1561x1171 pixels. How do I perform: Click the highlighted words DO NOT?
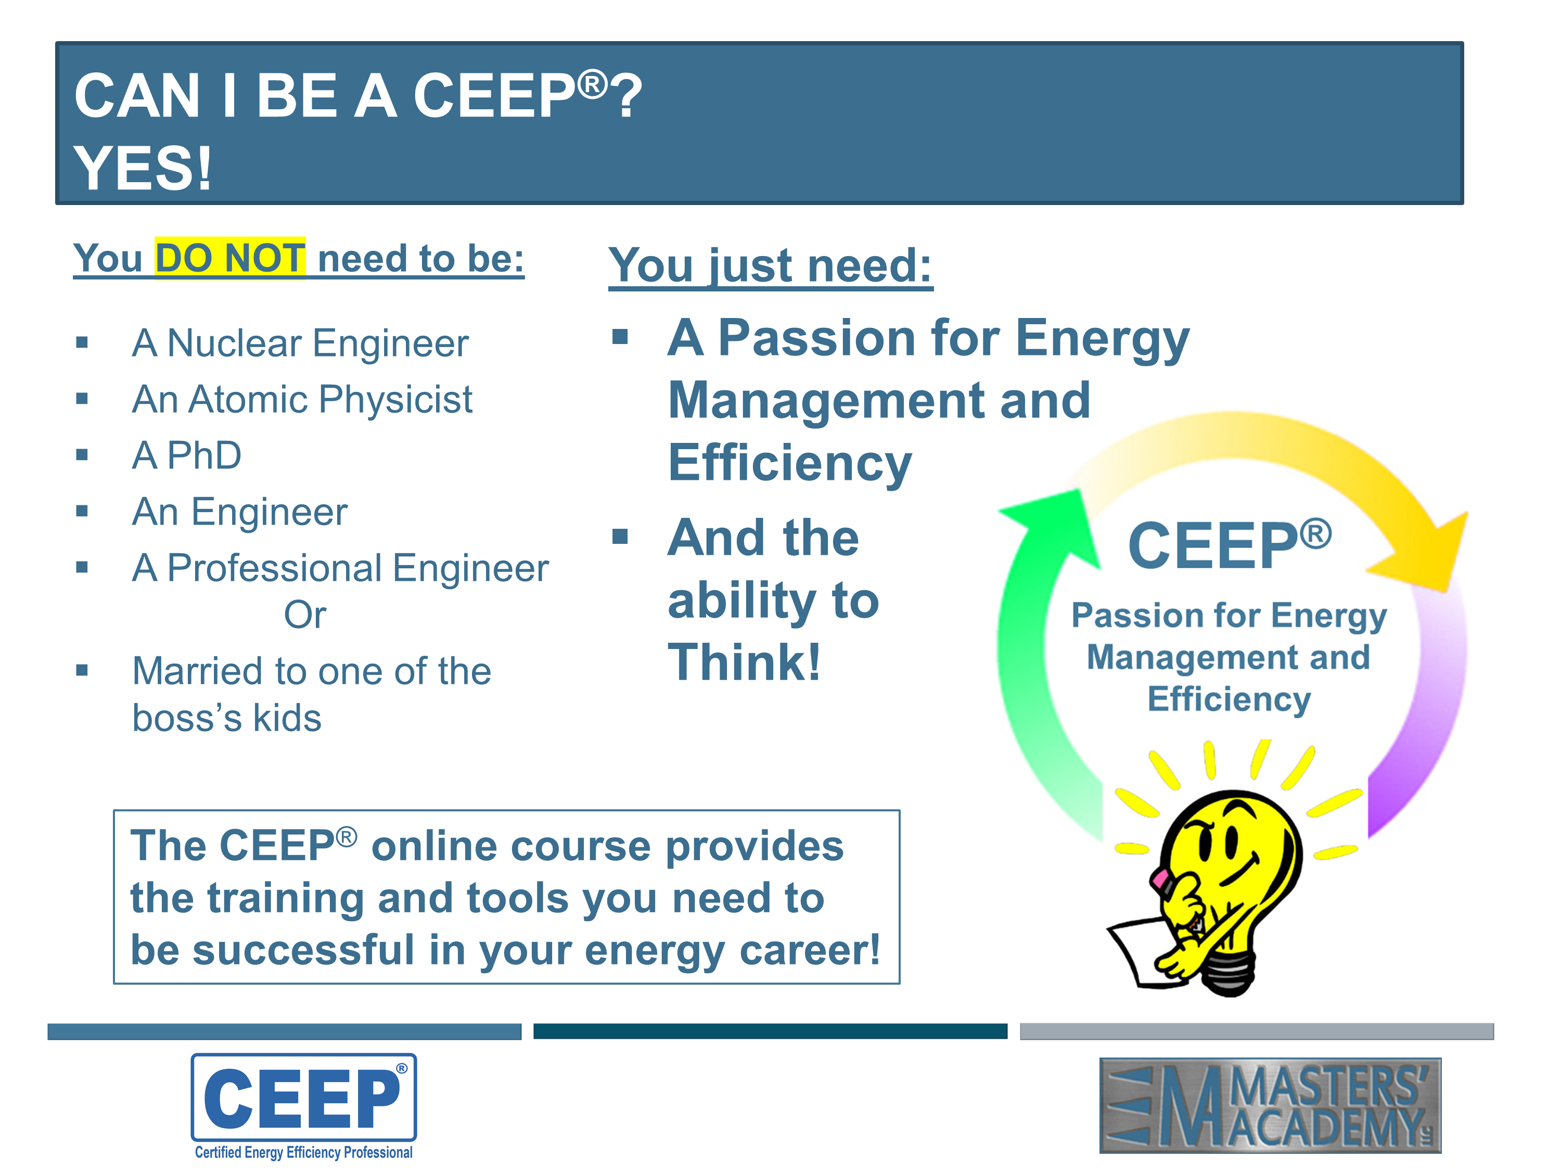[230, 258]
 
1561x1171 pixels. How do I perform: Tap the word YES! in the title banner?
[143, 168]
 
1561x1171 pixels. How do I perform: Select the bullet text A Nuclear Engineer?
[300, 343]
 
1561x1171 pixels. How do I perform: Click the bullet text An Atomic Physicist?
[302, 400]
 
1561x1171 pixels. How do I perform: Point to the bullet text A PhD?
[187, 455]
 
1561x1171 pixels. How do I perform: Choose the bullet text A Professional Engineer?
[340, 568]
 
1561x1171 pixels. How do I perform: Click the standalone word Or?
[305, 615]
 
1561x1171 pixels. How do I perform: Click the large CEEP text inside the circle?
[1230, 545]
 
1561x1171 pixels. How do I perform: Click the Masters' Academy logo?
[1270, 1105]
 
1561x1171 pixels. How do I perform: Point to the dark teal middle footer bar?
[771, 1031]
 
